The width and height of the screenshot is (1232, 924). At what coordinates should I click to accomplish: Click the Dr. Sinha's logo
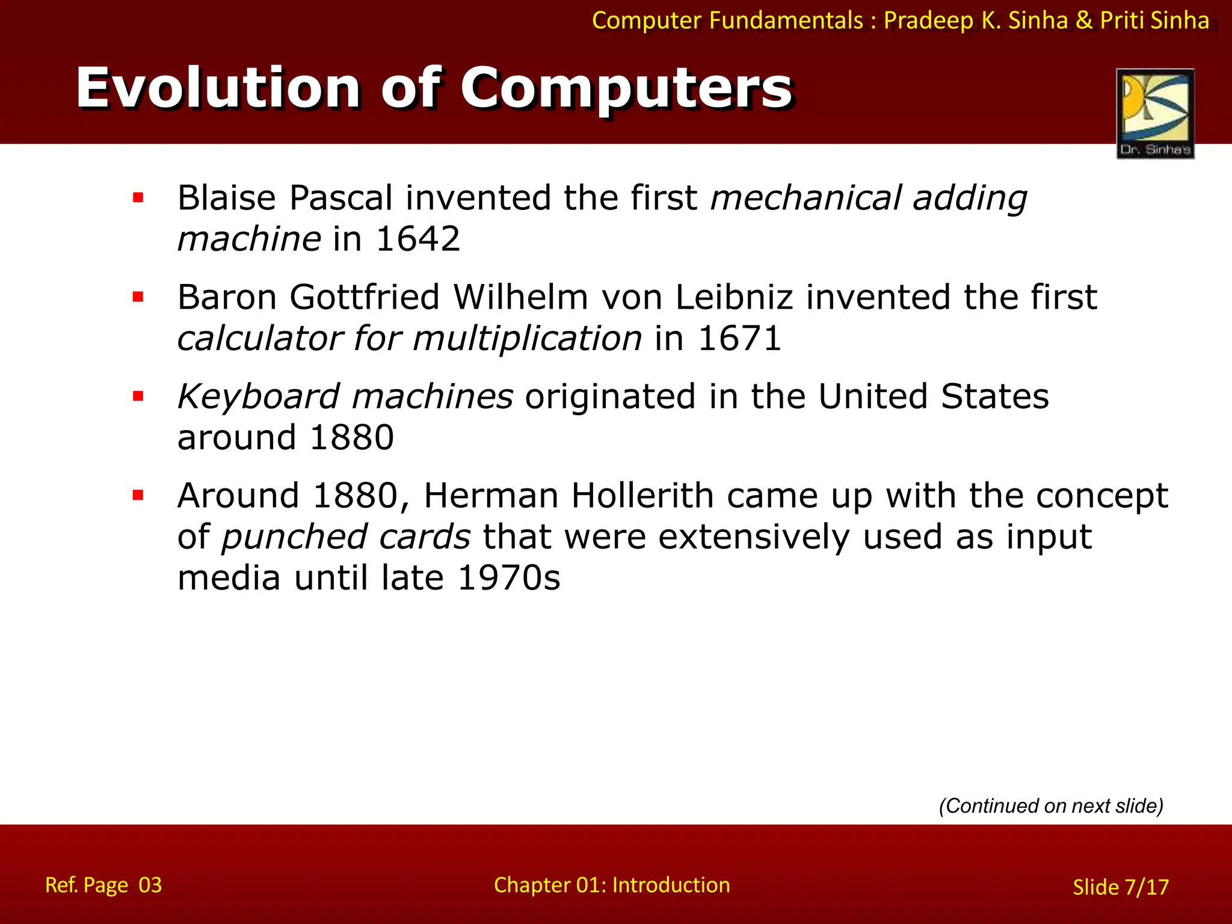point(1155,114)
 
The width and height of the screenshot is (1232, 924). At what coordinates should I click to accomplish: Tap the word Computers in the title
point(626,88)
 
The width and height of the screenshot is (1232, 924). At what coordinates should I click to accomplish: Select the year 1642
point(418,239)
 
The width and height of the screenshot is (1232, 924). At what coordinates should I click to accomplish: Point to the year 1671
point(739,339)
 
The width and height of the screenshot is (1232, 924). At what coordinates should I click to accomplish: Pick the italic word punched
point(294,537)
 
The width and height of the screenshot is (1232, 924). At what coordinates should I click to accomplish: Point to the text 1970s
point(509,578)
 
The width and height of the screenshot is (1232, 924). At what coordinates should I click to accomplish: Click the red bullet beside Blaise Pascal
point(138,198)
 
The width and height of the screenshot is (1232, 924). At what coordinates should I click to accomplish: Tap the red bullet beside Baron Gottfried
point(138,297)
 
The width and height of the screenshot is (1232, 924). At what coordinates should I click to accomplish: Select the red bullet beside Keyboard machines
point(138,396)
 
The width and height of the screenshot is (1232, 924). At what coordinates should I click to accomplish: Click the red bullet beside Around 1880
point(138,496)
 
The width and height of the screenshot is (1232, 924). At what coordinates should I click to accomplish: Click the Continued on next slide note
point(1051,806)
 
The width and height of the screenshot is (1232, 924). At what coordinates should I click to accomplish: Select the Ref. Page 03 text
point(103,885)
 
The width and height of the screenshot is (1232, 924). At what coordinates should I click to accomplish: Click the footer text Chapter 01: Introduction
point(612,885)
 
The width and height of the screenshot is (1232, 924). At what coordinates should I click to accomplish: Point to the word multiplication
point(527,339)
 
